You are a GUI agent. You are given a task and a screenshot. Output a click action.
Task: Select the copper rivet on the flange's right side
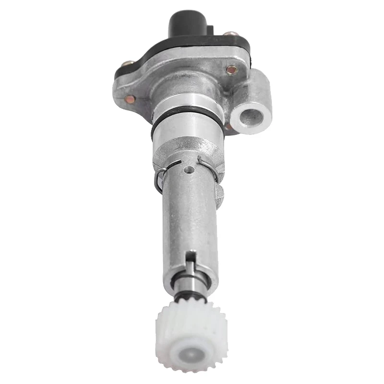click(x=231, y=70)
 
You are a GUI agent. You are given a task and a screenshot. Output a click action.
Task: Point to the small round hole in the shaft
click(x=191, y=169)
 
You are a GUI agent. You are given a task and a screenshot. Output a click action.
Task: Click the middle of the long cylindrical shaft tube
click(x=190, y=216)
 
